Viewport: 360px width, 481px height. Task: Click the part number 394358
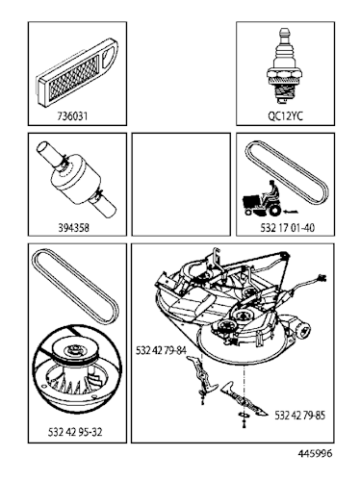(x=76, y=231)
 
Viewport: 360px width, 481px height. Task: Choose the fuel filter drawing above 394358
(x=76, y=182)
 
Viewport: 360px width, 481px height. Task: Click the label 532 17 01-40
(x=283, y=231)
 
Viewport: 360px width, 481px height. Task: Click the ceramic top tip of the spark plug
(x=283, y=37)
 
